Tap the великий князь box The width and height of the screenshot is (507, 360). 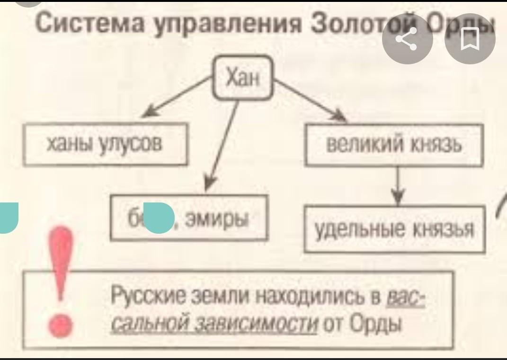(x=394, y=145)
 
